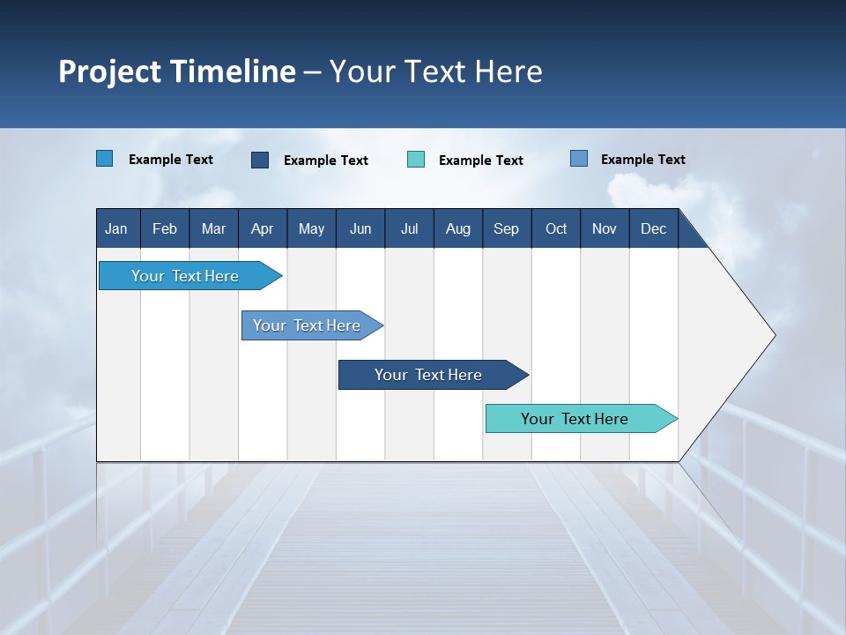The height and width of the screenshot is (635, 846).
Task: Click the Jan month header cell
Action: (116, 228)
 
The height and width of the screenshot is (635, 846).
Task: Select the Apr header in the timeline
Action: (262, 228)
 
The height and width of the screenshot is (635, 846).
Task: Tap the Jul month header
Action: (409, 228)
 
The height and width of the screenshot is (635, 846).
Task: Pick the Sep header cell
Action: (506, 228)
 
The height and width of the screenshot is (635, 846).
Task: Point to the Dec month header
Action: (653, 228)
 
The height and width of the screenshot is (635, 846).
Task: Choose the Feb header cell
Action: (165, 228)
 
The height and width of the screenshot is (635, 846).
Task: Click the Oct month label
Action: (556, 228)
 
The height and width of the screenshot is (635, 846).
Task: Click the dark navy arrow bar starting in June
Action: (429, 375)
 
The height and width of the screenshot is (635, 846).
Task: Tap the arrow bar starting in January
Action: (186, 276)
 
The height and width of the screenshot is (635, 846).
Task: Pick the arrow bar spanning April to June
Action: (308, 325)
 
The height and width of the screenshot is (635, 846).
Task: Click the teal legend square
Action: (416, 160)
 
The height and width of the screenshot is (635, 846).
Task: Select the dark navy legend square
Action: (260, 160)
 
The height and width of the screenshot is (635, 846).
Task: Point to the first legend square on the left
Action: (104, 159)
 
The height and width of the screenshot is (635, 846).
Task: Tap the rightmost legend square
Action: (579, 159)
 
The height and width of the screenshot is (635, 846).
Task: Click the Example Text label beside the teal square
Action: (480, 161)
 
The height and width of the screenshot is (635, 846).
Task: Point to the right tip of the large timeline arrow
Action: (774, 335)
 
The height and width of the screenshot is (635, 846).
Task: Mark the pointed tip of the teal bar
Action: (676, 419)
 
